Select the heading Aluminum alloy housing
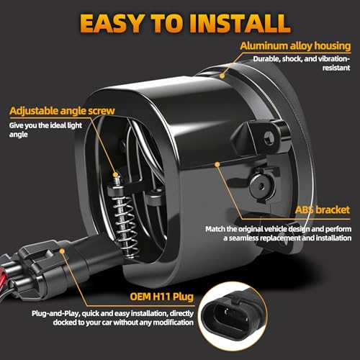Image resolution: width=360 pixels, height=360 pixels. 295,45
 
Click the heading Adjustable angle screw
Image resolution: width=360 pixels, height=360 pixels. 62,111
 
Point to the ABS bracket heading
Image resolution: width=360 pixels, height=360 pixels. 323,210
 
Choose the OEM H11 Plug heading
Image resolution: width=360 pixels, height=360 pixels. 162,297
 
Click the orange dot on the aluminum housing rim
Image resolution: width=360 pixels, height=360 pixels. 222,76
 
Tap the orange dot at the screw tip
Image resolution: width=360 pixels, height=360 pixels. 116,174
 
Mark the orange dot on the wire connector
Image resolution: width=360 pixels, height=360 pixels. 62,251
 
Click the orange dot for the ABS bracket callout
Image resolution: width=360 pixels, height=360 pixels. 217,164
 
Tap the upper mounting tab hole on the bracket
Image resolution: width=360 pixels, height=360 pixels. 269,138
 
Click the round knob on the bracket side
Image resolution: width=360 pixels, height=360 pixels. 261,185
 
